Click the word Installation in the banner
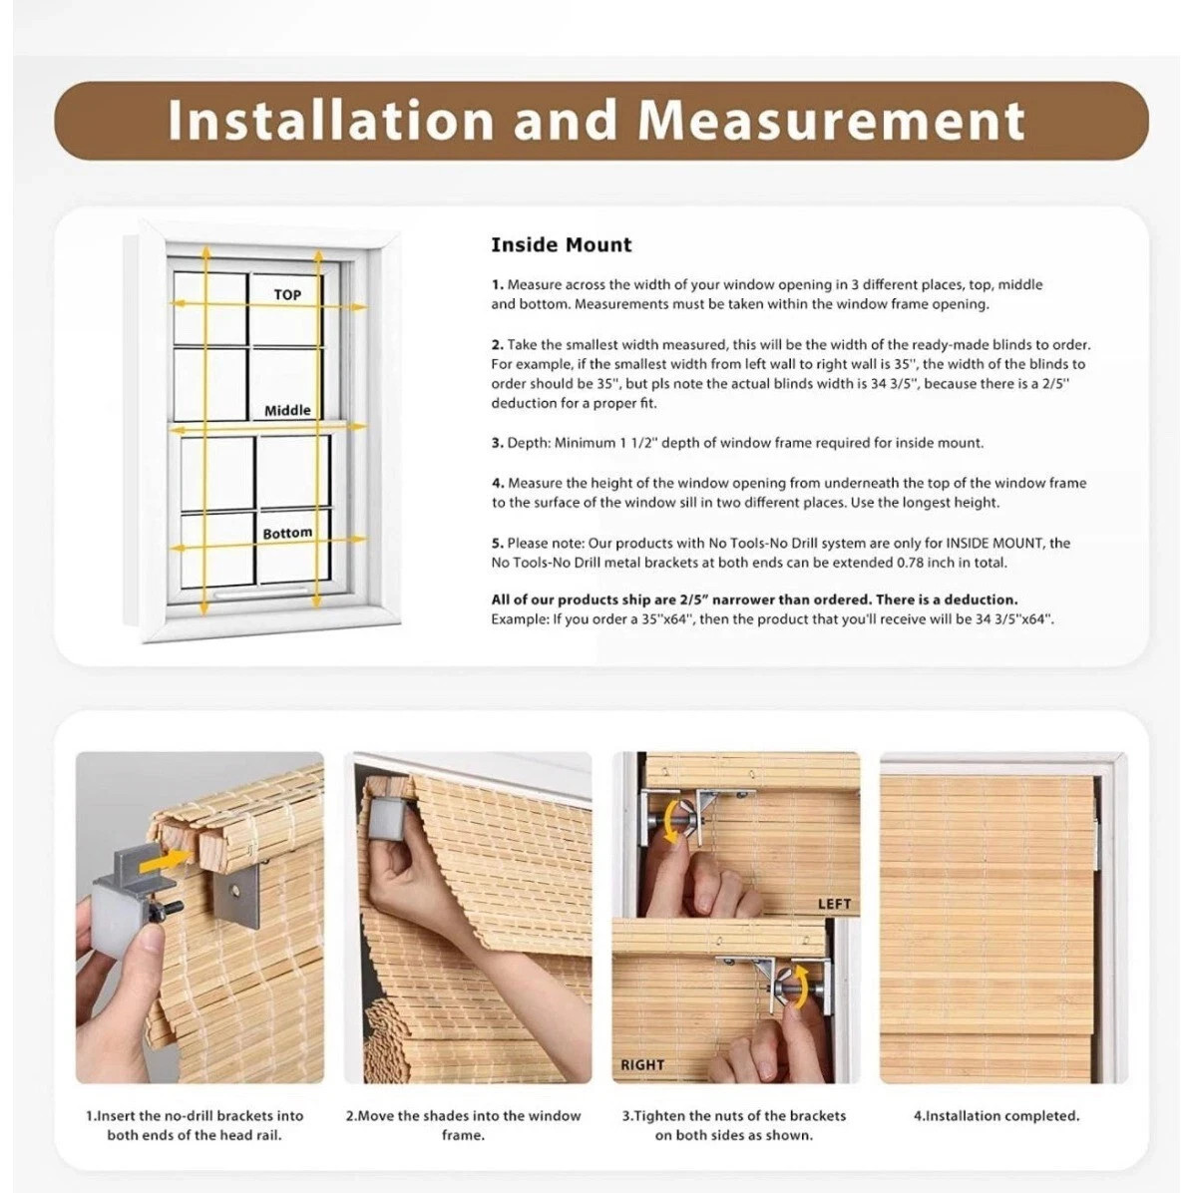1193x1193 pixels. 331,121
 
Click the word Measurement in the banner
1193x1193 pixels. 832,121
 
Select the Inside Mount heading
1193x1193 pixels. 562,245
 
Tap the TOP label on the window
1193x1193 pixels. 287,294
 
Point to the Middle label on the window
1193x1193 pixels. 287,410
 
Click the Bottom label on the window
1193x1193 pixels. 287,534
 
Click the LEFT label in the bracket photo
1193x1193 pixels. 834,904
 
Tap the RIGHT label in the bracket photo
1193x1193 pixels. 642,1065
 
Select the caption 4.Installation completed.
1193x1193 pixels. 996,1116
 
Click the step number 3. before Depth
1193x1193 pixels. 498,443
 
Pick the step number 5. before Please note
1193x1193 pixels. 498,544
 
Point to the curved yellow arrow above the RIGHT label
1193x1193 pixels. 798,987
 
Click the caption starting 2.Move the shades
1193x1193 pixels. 463,1125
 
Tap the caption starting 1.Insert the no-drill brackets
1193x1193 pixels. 195,1125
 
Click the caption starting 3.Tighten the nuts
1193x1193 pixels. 733,1125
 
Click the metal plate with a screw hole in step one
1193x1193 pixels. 237,897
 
